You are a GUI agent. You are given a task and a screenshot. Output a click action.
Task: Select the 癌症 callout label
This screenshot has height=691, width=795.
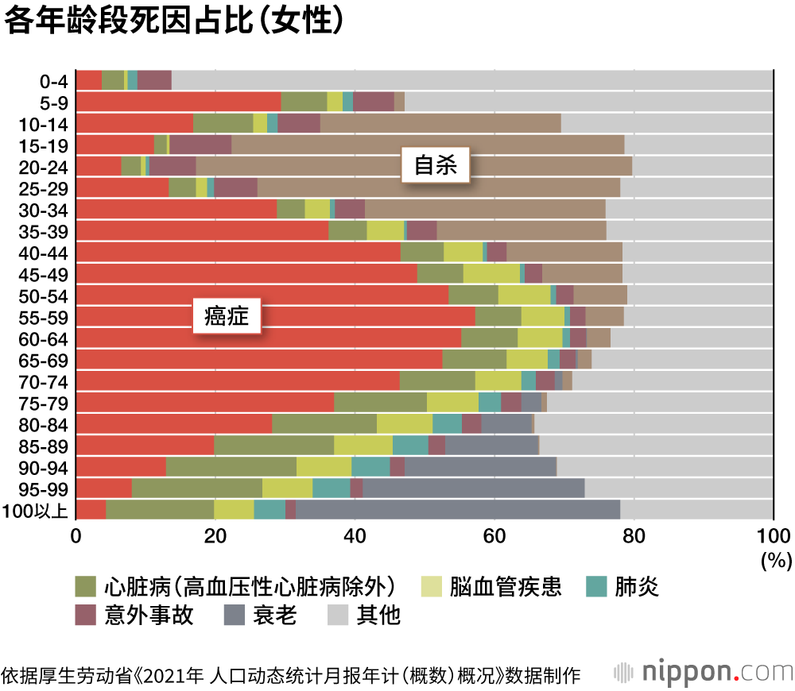(227, 317)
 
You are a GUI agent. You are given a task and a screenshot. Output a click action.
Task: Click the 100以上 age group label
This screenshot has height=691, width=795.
(37, 510)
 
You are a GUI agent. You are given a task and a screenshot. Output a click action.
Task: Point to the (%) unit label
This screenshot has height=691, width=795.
(775, 561)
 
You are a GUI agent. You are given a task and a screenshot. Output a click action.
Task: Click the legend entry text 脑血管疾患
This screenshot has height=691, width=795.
(506, 587)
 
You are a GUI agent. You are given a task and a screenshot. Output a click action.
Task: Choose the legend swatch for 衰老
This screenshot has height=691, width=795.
(234, 615)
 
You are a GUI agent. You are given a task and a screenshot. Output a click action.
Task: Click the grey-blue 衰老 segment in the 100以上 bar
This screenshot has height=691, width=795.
(457, 510)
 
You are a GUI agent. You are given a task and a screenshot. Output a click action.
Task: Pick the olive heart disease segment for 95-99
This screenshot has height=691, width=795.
(196, 488)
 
